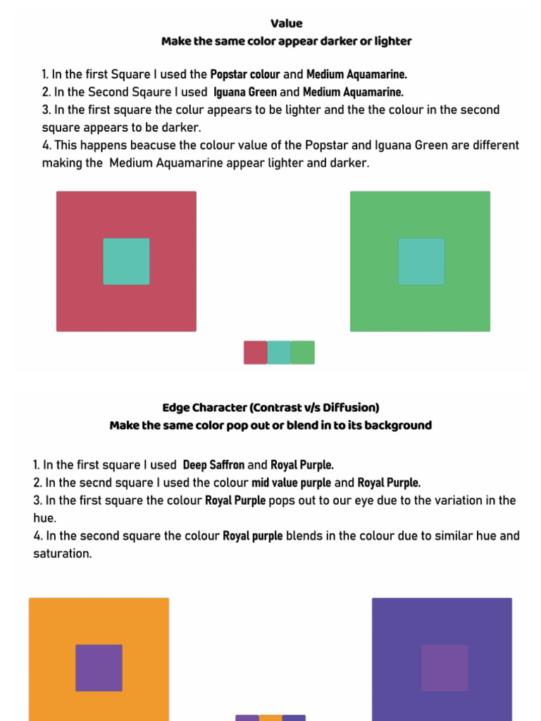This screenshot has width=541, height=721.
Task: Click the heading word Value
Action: (286, 23)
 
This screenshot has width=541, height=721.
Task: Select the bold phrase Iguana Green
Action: (245, 92)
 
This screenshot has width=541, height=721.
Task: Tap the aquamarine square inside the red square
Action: (126, 261)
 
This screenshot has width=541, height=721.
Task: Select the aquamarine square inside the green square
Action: (421, 261)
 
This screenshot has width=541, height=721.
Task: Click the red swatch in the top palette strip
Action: (255, 352)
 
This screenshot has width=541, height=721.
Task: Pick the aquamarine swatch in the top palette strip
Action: (279, 352)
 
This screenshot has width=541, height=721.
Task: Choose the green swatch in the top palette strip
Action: (303, 352)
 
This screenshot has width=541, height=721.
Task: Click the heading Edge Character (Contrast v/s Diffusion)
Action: (270, 408)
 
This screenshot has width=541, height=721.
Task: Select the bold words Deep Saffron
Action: (213, 465)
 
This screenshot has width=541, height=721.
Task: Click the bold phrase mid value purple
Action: (291, 483)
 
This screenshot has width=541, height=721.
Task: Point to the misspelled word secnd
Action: (94, 483)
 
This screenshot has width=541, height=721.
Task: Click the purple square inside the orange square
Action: (99, 667)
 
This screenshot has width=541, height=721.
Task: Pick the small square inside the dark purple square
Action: (444, 667)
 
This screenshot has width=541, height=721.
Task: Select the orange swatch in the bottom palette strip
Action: (270, 717)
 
